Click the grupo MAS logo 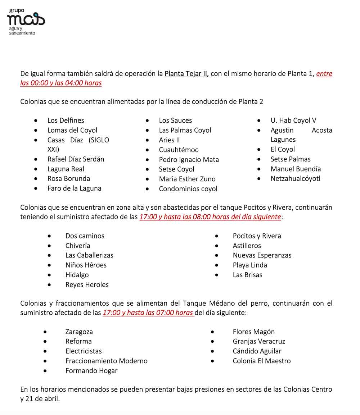pyautogui.click(x=26, y=21)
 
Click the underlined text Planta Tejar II pyautogui.click(x=186, y=74)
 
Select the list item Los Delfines pyautogui.click(x=66, y=120)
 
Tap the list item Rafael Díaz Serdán pyautogui.click(x=76, y=159)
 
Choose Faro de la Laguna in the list pyautogui.click(x=74, y=188)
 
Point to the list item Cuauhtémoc pyautogui.click(x=179, y=150)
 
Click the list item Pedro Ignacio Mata pyautogui.click(x=189, y=159)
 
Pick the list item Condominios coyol pyautogui.click(x=188, y=188)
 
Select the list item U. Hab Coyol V pyautogui.click(x=293, y=120)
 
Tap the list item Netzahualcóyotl pyautogui.click(x=295, y=178)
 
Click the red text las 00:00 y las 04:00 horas pyautogui.click(x=61, y=83)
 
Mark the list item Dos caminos pyautogui.click(x=85, y=236)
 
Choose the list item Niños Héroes pyautogui.click(x=86, y=265)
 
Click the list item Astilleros pyautogui.click(x=247, y=246)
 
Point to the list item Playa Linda pyautogui.click(x=249, y=265)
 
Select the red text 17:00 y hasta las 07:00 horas pyautogui.click(x=148, y=313)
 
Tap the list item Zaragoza pyautogui.click(x=79, y=332)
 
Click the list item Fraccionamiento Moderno pyautogui.click(x=106, y=361)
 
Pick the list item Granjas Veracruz pyautogui.click(x=258, y=341)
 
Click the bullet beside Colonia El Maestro pyautogui.click(x=213, y=361)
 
